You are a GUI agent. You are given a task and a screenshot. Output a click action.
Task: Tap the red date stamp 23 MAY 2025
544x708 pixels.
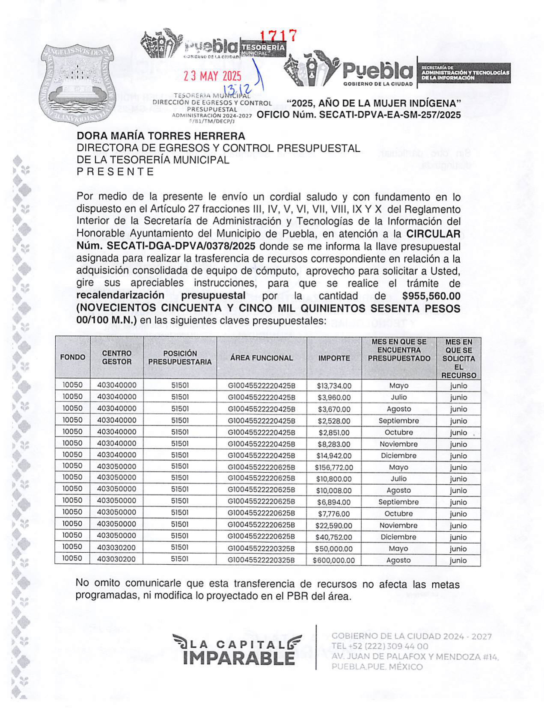click(x=213, y=77)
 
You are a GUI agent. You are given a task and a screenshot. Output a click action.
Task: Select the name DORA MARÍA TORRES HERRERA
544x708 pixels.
click(x=161, y=136)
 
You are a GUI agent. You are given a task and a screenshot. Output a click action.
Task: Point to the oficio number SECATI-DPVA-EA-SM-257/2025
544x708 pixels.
click(x=359, y=115)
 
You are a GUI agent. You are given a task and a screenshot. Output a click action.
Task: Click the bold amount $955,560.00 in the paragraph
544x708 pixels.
click(x=431, y=296)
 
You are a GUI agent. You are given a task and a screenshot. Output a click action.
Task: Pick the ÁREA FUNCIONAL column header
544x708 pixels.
click(x=262, y=358)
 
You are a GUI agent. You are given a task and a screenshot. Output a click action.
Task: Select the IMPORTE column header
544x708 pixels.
click(x=334, y=358)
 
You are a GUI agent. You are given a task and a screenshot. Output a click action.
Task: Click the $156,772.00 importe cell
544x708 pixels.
click(x=334, y=468)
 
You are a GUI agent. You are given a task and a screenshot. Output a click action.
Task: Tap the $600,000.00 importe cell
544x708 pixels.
click(x=334, y=560)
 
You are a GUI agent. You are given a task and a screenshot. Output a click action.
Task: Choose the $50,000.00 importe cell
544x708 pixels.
click(x=334, y=549)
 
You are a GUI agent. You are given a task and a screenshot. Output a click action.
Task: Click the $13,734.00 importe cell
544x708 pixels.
click(x=334, y=386)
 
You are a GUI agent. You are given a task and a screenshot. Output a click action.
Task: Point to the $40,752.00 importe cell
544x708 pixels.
click(x=334, y=537)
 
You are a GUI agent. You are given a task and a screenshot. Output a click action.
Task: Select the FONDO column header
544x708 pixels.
click(x=73, y=357)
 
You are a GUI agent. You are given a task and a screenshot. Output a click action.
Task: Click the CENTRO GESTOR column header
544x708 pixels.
click(x=116, y=358)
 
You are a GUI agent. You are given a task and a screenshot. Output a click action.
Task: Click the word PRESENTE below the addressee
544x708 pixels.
click(x=115, y=172)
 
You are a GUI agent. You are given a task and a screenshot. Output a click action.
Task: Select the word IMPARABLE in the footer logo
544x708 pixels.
click(x=239, y=658)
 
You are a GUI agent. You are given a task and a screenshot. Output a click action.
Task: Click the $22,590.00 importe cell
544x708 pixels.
click(x=334, y=526)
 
